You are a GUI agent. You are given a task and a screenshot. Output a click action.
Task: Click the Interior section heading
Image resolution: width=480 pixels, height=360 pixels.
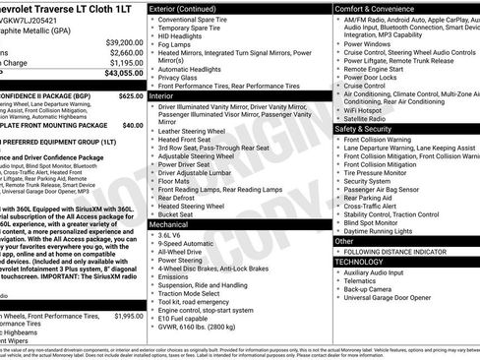click(x=162, y=96)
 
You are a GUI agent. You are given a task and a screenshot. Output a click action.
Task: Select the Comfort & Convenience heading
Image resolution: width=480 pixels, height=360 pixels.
click(x=379, y=8)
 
